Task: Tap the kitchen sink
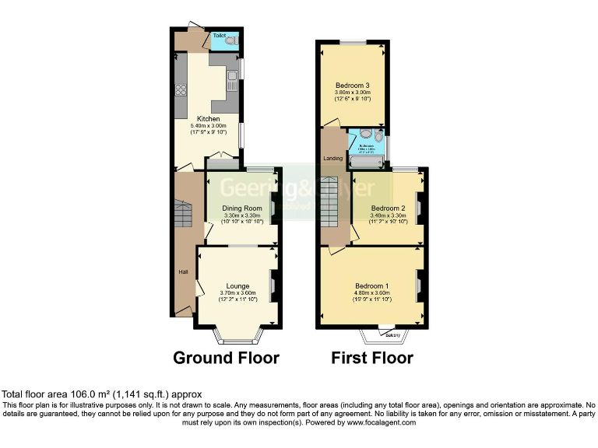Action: pyautogui.click(x=232, y=75)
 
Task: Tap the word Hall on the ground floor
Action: pyautogui.click(x=184, y=271)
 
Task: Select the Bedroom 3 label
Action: pyautogui.click(x=352, y=85)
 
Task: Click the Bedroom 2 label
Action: pyautogui.click(x=387, y=208)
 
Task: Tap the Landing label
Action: pyautogui.click(x=333, y=159)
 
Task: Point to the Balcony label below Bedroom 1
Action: pyautogui.click(x=392, y=335)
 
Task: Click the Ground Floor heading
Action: pyautogui.click(x=226, y=358)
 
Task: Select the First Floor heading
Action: pyautogui.click(x=371, y=358)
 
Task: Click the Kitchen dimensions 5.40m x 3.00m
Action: pyautogui.click(x=208, y=126)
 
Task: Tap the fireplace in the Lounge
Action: pyautogui.click(x=272, y=285)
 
